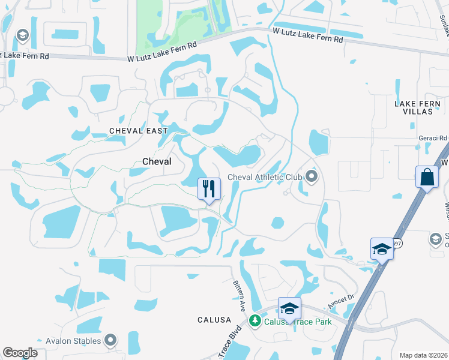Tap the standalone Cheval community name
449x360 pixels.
point(157,161)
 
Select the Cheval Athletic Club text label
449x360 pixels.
point(265,176)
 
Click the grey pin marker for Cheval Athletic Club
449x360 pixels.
point(311,176)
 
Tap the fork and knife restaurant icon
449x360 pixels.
point(209,189)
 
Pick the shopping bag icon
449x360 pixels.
point(426,178)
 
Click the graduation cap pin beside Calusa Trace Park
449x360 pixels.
point(289,309)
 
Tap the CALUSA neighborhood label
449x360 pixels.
point(214,320)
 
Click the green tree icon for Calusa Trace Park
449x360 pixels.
point(255,322)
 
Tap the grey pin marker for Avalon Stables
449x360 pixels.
point(110,341)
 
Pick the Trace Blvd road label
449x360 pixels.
point(231,344)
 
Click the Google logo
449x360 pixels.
point(20,353)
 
